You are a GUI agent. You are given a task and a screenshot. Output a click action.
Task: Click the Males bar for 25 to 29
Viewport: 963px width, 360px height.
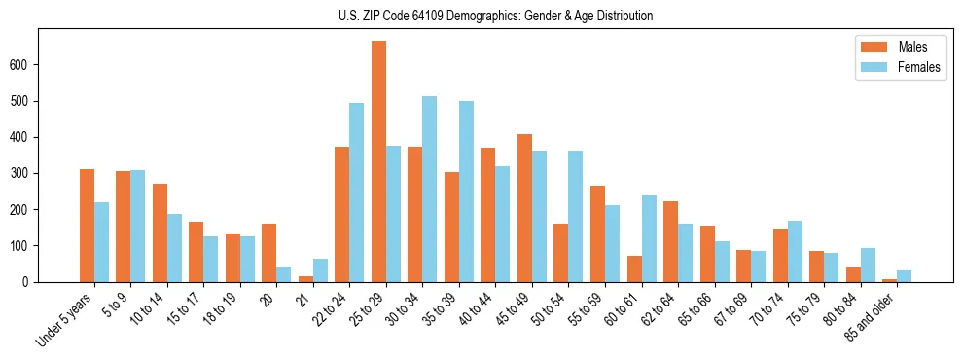click(x=378, y=162)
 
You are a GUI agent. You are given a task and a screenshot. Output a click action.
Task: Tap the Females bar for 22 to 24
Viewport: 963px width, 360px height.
click(x=356, y=193)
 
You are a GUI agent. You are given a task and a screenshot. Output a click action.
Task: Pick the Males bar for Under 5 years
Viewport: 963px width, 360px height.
click(x=87, y=226)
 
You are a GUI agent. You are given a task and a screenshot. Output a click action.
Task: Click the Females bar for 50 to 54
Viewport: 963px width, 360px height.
click(x=576, y=217)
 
